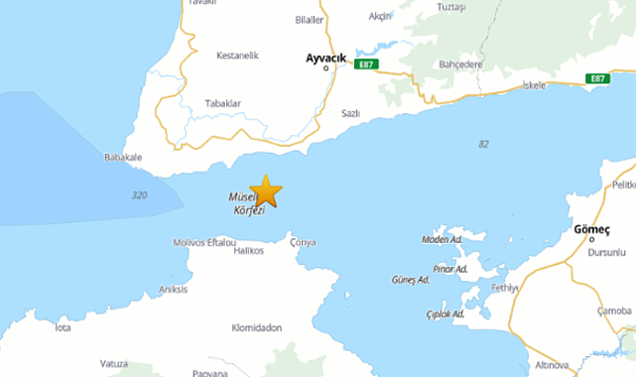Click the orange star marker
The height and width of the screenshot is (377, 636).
[265, 190]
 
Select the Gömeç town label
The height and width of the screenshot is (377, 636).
[591, 230]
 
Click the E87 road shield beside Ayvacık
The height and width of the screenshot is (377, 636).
[367, 64]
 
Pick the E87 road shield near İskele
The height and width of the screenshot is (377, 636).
[596, 78]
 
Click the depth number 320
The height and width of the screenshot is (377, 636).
[139, 195]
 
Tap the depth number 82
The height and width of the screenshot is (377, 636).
[483, 144]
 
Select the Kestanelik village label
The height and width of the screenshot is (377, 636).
[237, 56]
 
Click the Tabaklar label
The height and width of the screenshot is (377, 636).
[222, 103]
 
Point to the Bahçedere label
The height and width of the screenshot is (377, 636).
[459, 63]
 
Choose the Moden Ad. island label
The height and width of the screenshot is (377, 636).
[442, 240]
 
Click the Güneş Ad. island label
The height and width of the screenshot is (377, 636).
[410, 280]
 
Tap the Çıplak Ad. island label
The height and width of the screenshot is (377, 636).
[445, 314]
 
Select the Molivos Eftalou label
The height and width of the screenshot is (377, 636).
[204, 242]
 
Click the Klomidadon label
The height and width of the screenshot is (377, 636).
[256, 327]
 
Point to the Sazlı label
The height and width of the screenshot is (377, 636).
[349, 114]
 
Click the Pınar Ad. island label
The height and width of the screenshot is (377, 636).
[449, 269]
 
